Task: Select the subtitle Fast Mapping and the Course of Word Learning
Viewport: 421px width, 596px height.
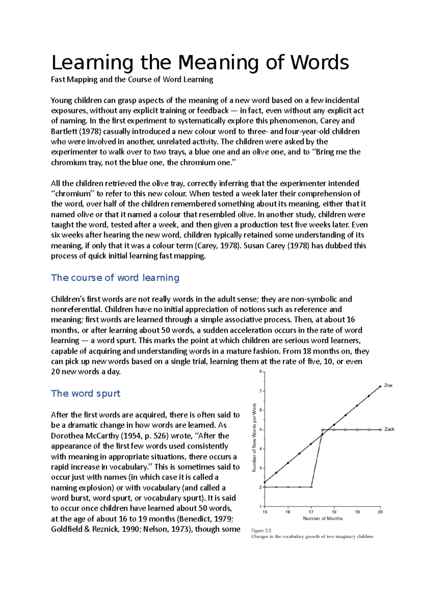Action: (x=132, y=79)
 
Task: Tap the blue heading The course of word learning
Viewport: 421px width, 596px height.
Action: (x=115, y=278)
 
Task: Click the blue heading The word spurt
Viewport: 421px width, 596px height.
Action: (x=86, y=393)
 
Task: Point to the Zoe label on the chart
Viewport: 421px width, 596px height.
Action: (x=388, y=385)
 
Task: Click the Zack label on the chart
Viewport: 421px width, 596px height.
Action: (x=389, y=429)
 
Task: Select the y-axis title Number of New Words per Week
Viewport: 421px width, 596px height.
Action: (x=254, y=437)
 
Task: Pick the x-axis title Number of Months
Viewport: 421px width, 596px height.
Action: (x=323, y=518)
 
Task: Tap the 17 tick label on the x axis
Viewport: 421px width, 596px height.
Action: (x=311, y=512)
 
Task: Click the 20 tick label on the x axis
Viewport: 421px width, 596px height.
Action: (x=380, y=512)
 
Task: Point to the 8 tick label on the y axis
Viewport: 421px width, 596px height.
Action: (x=260, y=372)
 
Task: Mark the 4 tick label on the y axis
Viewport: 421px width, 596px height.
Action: (x=260, y=449)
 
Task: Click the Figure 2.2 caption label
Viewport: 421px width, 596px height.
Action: (x=261, y=530)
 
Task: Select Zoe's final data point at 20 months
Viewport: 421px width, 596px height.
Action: (x=380, y=386)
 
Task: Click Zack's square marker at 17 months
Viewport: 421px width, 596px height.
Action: (x=312, y=487)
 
